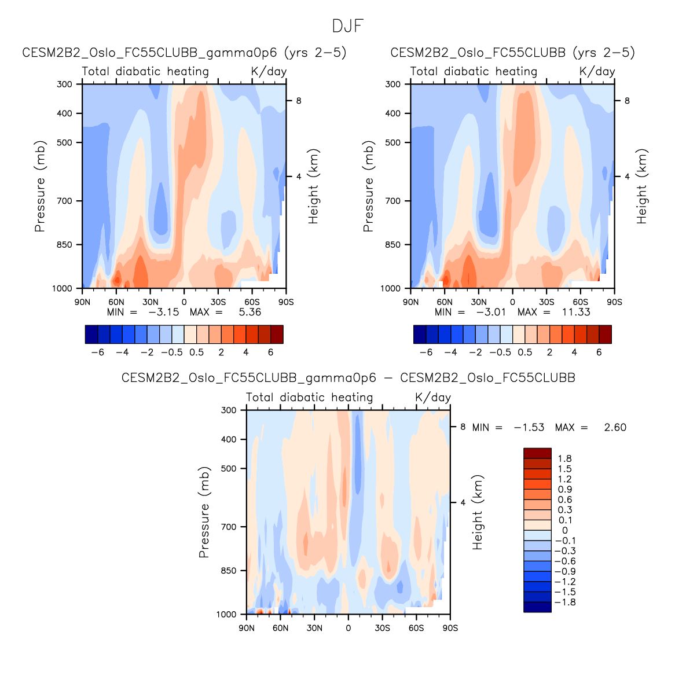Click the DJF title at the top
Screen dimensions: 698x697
[348, 26]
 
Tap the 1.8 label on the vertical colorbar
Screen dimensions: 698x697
[564, 458]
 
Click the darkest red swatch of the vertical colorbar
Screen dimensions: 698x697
[537, 453]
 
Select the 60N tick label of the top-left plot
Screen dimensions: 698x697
[116, 302]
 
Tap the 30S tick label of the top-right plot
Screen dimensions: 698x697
[546, 302]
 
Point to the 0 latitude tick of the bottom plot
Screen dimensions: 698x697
[348, 628]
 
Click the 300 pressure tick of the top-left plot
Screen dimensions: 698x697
[65, 84]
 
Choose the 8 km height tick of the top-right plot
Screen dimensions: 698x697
[627, 101]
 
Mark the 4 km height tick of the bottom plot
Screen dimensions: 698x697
[463, 502]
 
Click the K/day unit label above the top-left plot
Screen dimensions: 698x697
[269, 71]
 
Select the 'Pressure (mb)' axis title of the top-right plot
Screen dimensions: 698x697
[368, 186]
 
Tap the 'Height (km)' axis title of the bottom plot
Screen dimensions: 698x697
[477, 512]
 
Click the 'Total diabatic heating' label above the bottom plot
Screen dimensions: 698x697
[309, 398]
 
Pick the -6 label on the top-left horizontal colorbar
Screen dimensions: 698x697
[98, 352]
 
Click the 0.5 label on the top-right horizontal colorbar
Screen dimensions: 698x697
[525, 352]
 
